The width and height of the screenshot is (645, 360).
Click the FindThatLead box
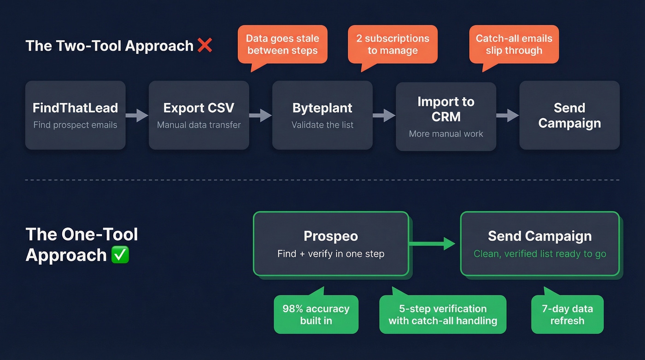pos(75,115)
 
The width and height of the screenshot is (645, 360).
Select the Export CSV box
pos(199,115)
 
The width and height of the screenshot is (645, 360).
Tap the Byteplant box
pos(322,115)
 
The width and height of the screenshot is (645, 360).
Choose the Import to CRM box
pos(446,116)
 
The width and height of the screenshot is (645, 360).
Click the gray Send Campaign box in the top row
pos(569,115)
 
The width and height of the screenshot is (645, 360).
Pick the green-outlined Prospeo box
pos(330,243)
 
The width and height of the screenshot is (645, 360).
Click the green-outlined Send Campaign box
pos(539,243)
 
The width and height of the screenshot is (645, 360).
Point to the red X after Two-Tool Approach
pos(205,45)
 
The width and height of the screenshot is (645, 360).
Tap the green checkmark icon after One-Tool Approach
pos(120,255)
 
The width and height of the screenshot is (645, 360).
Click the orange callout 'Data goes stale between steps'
pos(282,45)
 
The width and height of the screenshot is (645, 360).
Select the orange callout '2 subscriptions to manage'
pos(393,45)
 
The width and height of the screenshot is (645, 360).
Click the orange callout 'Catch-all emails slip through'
pos(514,45)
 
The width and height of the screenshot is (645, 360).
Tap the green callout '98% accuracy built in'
pos(316,314)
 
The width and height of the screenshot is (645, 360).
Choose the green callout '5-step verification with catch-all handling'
pos(443,314)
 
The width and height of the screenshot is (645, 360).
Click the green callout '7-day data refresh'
pos(567,314)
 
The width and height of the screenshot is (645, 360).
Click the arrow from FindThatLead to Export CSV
pos(137,115)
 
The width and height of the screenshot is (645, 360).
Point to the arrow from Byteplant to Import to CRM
pos(384,115)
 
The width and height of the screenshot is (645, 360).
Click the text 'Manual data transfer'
pos(199,125)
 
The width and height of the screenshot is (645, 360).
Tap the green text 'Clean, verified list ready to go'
pos(539,254)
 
